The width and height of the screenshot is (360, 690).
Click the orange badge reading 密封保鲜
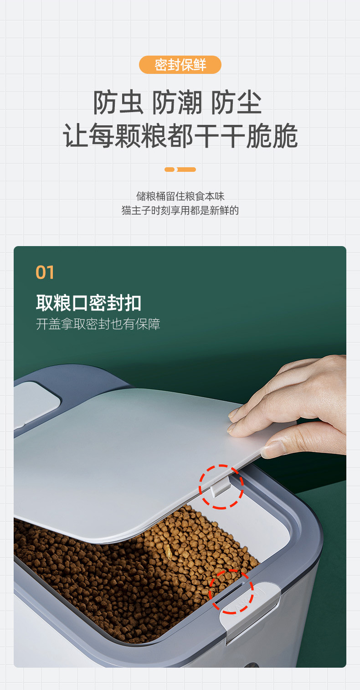click(180, 65)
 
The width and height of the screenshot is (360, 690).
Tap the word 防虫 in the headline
click(118, 103)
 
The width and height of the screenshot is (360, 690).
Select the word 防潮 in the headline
click(177, 103)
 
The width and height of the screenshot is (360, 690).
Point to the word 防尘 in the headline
click(236, 103)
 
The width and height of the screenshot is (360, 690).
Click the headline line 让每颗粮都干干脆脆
click(180, 135)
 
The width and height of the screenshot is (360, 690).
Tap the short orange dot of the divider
click(170, 170)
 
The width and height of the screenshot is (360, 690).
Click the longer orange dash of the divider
click(186, 170)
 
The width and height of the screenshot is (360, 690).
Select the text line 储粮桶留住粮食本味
click(180, 196)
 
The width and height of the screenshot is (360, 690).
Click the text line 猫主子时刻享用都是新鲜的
click(180, 211)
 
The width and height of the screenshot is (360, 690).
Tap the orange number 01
click(45, 273)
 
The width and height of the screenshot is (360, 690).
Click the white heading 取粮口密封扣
click(88, 303)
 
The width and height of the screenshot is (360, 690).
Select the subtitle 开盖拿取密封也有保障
click(98, 324)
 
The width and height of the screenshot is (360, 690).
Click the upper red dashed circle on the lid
click(221, 486)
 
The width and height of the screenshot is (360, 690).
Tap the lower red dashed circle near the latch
click(231, 591)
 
